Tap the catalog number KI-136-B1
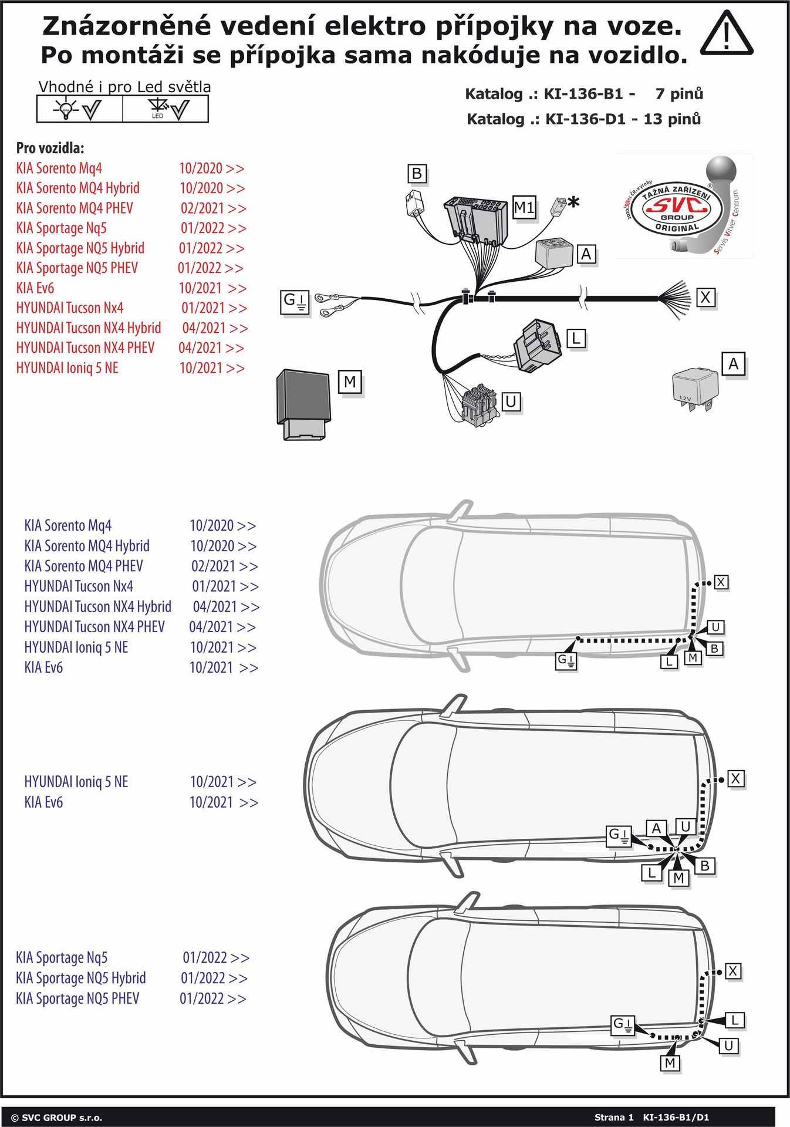[x=589, y=94]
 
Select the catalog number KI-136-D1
[x=590, y=119]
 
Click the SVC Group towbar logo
[x=683, y=206]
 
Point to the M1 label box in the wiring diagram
[x=524, y=207]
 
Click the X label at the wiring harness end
[x=705, y=298]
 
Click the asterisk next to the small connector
[x=573, y=203]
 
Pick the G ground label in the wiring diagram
[x=295, y=302]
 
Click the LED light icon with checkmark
[x=167, y=109]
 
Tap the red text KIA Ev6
[x=35, y=288]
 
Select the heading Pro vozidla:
[x=50, y=148]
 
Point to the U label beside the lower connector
[x=511, y=401]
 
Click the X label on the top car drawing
[x=721, y=582]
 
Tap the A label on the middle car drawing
[x=656, y=828]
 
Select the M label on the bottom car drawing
[x=670, y=1063]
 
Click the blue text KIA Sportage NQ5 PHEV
[x=77, y=998]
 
